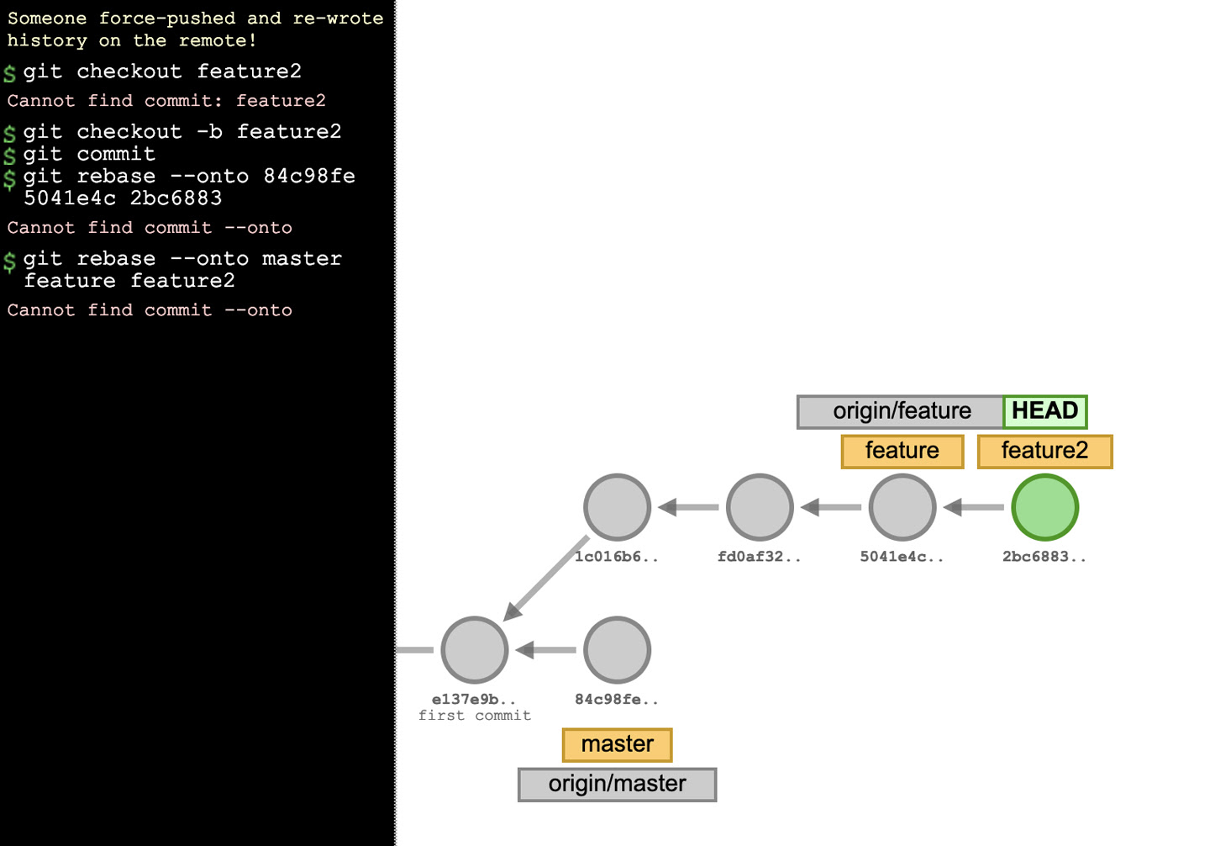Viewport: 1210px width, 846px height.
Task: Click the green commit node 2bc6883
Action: tap(1044, 507)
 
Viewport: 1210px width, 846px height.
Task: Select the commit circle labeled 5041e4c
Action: tap(902, 507)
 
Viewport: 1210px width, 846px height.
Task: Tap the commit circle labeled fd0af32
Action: tap(760, 507)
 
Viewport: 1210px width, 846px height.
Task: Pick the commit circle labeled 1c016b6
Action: tap(617, 507)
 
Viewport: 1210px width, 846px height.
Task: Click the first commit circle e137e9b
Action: tap(475, 650)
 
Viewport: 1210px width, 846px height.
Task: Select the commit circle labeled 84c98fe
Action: tap(617, 650)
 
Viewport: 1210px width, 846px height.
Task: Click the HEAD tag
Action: tap(1044, 411)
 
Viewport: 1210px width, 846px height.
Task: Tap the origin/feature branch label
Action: tap(901, 411)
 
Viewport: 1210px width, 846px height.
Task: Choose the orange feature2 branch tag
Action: tap(1044, 451)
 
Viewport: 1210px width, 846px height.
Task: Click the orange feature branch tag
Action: tap(902, 451)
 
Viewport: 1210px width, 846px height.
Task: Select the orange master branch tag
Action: tap(617, 744)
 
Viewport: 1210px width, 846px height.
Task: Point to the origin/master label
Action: tap(617, 784)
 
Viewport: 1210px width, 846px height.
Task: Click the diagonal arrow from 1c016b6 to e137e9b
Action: tap(548, 578)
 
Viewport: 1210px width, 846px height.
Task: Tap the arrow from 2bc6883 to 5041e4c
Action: tap(974, 507)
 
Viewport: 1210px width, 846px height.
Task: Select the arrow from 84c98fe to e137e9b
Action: tap(546, 650)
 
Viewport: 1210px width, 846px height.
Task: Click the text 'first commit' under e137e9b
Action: tap(475, 716)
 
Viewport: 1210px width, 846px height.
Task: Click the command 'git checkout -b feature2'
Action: tap(182, 132)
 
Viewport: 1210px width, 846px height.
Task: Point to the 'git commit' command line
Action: tap(89, 154)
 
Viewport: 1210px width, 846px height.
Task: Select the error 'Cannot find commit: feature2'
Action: tap(166, 101)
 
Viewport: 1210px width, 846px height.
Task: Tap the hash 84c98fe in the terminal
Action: tap(309, 176)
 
